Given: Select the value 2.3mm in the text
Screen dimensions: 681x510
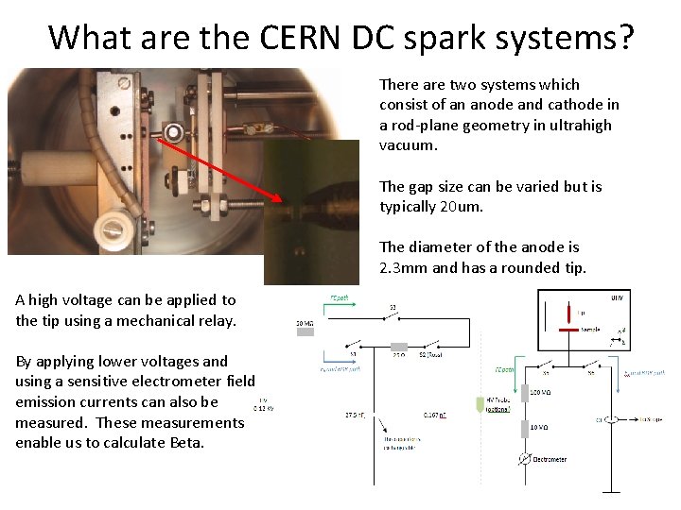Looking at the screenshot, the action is point(405,267).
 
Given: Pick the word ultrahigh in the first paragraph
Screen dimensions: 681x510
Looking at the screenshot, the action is point(580,125).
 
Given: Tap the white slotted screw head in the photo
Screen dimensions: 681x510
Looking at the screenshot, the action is point(114,228).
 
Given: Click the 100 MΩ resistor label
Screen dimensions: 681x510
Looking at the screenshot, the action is point(542,392).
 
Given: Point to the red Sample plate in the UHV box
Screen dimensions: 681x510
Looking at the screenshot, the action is point(567,331).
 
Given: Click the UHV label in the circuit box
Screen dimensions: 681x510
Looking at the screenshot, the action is point(617,297).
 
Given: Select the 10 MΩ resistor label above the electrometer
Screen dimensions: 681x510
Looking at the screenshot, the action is point(541,428).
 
